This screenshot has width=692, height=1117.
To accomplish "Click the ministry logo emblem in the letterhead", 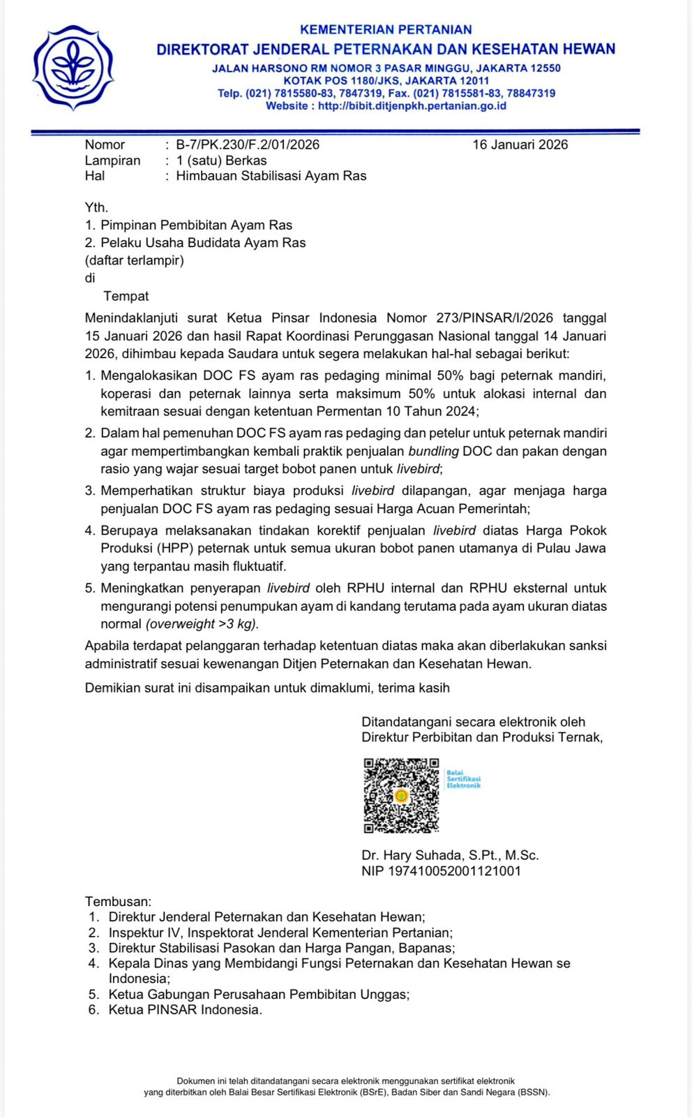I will click(x=73, y=68).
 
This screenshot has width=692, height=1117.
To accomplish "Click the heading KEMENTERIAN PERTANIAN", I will click(x=386, y=29).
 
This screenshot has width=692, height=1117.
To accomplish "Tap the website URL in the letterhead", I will click(x=412, y=106).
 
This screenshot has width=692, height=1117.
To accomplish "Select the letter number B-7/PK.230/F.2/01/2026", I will click(x=248, y=145).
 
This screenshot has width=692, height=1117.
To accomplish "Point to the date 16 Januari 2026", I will click(x=520, y=145).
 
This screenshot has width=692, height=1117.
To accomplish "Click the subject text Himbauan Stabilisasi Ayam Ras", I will click(x=271, y=176).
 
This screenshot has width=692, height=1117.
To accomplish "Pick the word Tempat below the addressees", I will click(x=126, y=296).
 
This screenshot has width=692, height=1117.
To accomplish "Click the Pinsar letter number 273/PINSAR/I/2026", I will click(x=495, y=318).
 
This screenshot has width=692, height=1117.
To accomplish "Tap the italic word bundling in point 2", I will click(x=433, y=451).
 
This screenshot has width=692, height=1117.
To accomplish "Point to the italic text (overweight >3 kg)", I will click(x=202, y=623).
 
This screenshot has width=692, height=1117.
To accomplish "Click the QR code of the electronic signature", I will click(x=401, y=795).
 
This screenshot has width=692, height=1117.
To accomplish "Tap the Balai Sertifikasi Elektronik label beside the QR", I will click(x=463, y=779).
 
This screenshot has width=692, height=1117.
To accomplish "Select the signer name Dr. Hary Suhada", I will click(x=412, y=855).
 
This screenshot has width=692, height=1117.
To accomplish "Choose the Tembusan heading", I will click(x=118, y=901).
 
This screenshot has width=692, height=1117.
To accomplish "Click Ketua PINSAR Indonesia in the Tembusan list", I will click(x=185, y=1009).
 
